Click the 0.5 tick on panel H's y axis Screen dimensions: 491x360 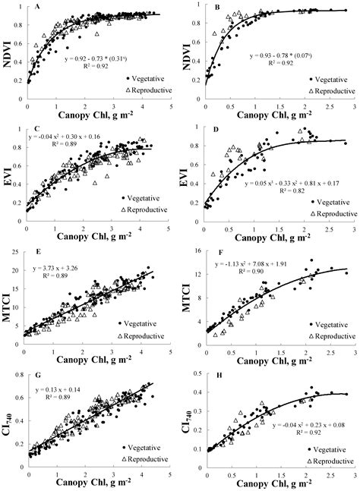point(196,373)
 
